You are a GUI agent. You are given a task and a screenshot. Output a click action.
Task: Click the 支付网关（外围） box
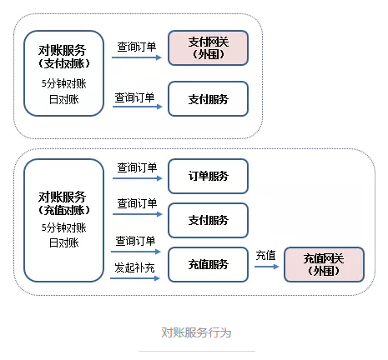pyautogui.click(x=208, y=48)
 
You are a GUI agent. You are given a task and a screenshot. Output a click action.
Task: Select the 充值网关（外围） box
pyautogui.click(x=324, y=264)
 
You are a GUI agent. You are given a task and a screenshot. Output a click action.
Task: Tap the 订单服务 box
pyautogui.click(x=208, y=176)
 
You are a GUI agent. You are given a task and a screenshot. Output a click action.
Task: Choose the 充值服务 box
pyautogui.click(x=208, y=264)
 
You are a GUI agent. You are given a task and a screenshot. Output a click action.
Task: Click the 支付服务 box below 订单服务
pyautogui.click(x=208, y=220)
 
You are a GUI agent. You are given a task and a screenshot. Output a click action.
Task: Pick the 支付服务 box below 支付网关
pyautogui.click(x=208, y=99)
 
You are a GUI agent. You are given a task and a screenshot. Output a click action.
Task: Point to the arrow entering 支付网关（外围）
pyautogui.click(x=137, y=57)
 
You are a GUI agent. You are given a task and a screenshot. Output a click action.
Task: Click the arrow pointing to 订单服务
pyautogui.click(x=138, y=178)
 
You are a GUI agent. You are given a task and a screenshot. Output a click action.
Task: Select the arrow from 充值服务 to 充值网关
pyautogui.click(x=267, y=267)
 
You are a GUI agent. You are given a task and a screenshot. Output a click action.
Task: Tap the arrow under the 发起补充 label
pyautogui.click(x=135, y=278)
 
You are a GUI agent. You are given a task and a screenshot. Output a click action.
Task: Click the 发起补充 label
pyautogui.click(x=134, y=267)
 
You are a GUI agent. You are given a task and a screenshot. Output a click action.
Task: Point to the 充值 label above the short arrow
pyautogui.click(x=265, y=255)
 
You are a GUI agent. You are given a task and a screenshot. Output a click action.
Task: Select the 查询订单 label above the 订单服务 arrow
pyautogui.click(x=137, y=167)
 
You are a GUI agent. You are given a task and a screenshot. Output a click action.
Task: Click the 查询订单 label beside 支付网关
pyautogui.click(x=137, y=47)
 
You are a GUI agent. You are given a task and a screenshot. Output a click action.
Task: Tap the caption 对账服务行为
pyautogui.click(x=196, y=332)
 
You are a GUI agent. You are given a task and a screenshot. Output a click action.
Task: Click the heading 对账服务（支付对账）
pyautogui.click(x=64, y=57)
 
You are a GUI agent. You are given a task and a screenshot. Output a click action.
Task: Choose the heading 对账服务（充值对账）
pyautogui.click(x=64, y=203)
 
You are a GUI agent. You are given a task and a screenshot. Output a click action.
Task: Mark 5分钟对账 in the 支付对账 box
pyautogui.click(x=64, y=83)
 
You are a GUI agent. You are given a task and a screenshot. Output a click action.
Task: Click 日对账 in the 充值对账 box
pyautogui.click(x=64, y=242)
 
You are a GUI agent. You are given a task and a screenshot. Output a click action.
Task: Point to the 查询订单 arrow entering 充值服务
pyautogui.click(x=136, y=252)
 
